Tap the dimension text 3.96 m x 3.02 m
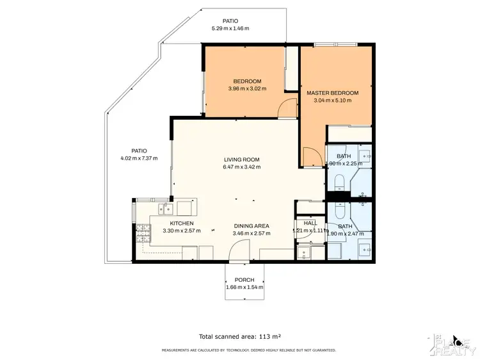click(x=246, y=89)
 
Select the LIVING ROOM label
click(x=242, y=160)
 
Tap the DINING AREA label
click(x=251, y=225)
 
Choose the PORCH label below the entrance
click(x=244, y=280)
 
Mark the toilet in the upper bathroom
click(x=338, y=181)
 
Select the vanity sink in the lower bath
click(x=367, y=250)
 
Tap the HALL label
click(x=310, y=222)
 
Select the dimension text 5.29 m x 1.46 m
click(x=230, y=29)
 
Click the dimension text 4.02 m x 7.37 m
click(x=139, y=158)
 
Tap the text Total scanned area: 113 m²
click(x=240, y=335)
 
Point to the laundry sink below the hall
click(x=305, y=252)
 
